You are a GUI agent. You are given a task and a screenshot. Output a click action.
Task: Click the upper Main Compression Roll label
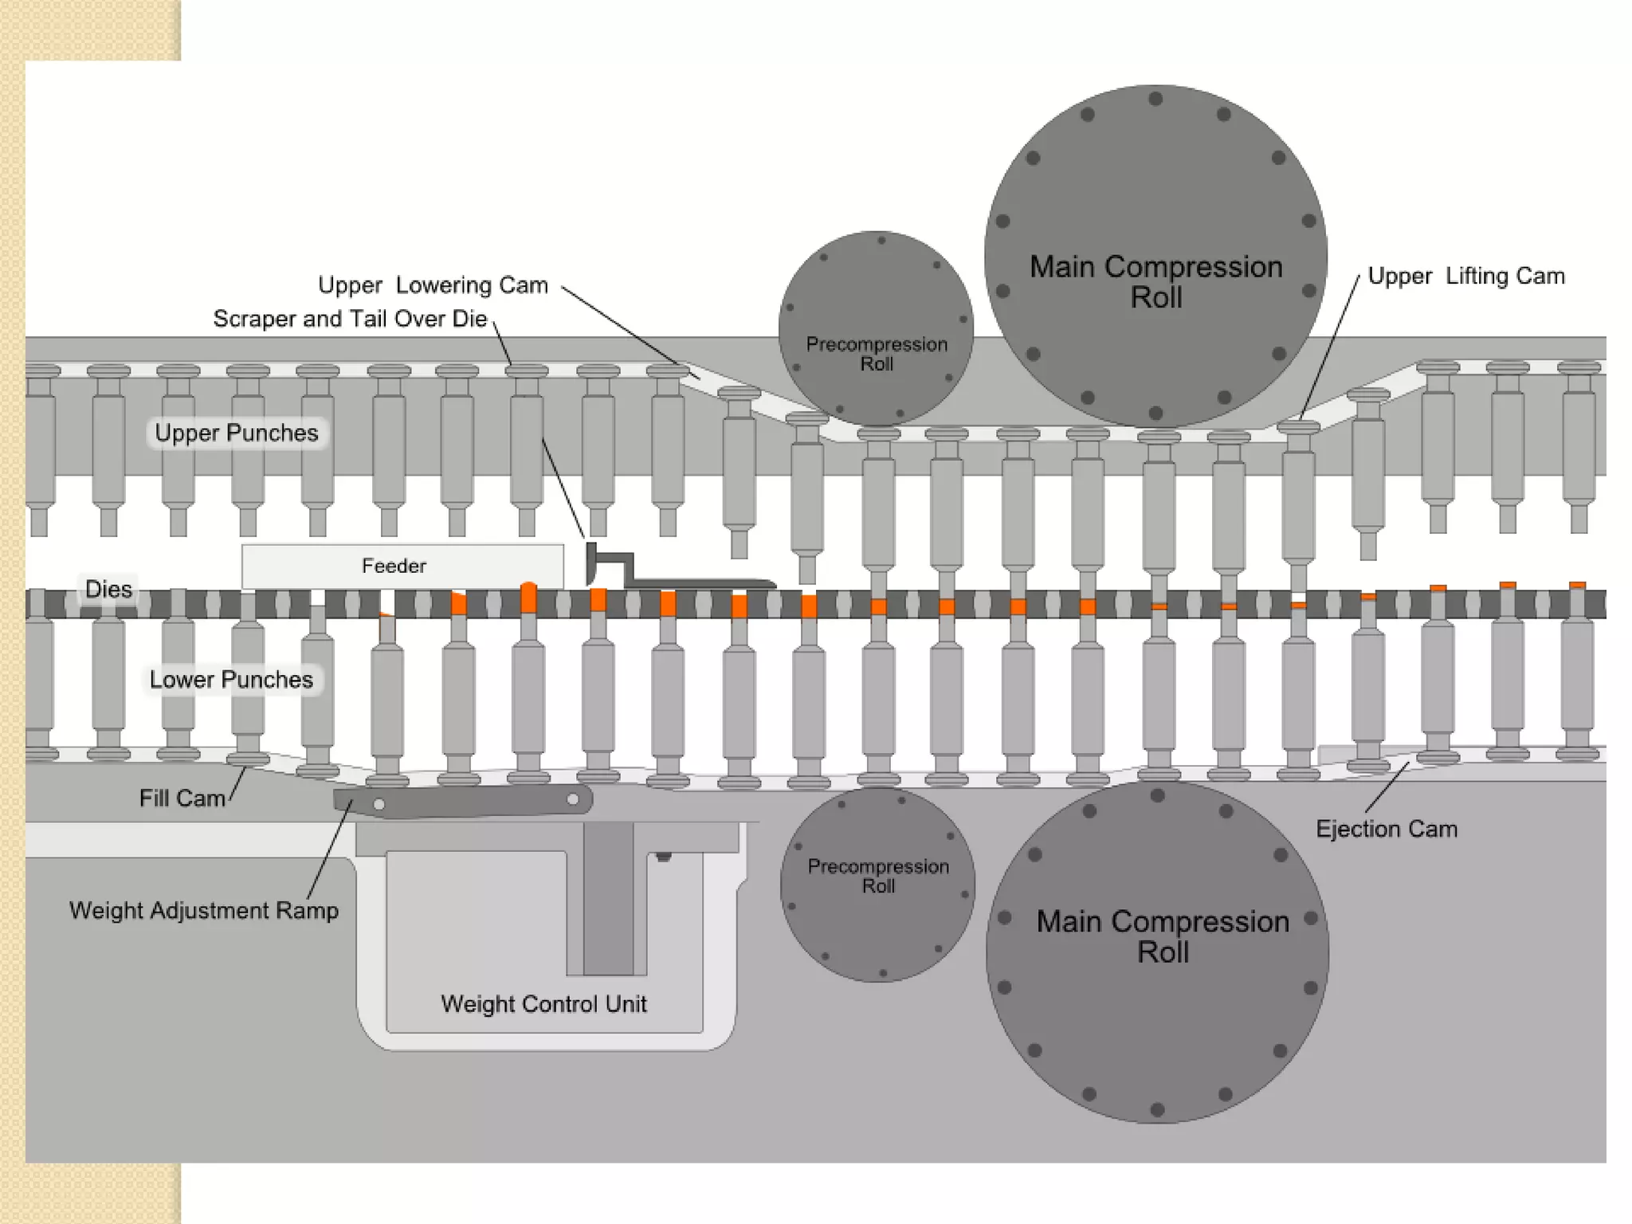pyautogui.click(x=1155, y=281)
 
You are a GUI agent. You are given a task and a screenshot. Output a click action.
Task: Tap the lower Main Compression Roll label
pyautogui.click(x=1163, y=936)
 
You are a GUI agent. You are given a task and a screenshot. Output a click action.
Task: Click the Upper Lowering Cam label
pyautogui.click(x=433, y=285)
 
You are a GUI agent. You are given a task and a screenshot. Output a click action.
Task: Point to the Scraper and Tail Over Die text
pyautogui.click(x=350, y=319)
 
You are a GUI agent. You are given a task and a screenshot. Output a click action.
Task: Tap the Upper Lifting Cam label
pyautogui.click(x=1466, y=277)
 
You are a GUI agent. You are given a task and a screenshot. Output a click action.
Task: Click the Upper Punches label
pyautogui.click(x=237, y=433)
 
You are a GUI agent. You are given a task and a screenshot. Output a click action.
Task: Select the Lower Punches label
pyautogui.click(x=231, y=680)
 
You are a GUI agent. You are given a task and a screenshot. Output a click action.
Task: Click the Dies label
pyautogui.click(x=108, y=589)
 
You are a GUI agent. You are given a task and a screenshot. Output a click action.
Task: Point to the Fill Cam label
pyautogui.click(x=182, y=798)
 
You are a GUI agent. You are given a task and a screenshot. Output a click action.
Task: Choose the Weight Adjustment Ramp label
pyautogui.click(x=204, y=910)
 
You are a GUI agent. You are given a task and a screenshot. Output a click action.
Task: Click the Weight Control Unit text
pyautogui.click(x=543, y=1003)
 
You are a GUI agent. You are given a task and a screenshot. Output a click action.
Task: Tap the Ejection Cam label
pyautogui.click(x=1387, y=829)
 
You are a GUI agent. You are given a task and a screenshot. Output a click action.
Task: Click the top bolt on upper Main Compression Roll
pyautogui.click(x=1155, y=99)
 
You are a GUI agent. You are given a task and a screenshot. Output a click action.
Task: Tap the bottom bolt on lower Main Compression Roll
pyautogui.click(x=1158, y=1108)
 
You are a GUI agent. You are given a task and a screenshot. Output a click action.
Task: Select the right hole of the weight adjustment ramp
pyautogui.click(x=573, y=798)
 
